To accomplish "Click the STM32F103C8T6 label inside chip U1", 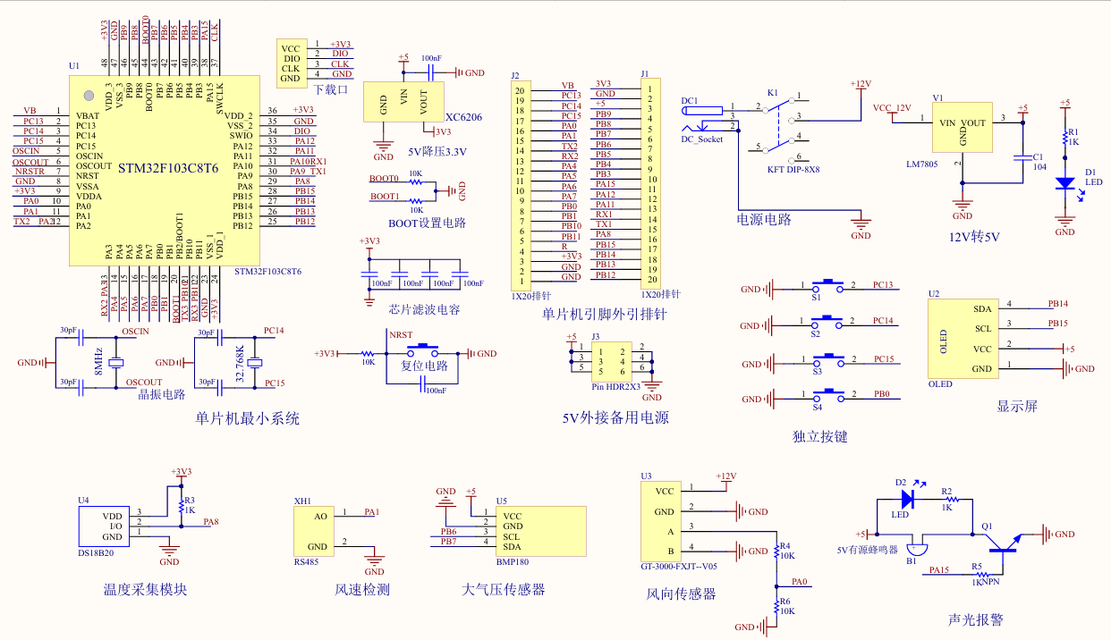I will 168,167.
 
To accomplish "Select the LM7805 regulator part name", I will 922,164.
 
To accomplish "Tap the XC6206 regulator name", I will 463,117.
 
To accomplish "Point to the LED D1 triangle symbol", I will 1064,183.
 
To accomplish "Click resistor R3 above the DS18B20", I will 182,507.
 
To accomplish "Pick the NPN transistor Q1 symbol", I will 1006,544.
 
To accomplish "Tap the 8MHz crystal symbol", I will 115,362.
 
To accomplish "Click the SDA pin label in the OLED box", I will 982,308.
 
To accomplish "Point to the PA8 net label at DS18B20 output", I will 211,521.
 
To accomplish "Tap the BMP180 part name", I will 513,563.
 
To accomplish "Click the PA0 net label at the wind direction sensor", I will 800,582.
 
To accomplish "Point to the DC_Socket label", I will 701,139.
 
